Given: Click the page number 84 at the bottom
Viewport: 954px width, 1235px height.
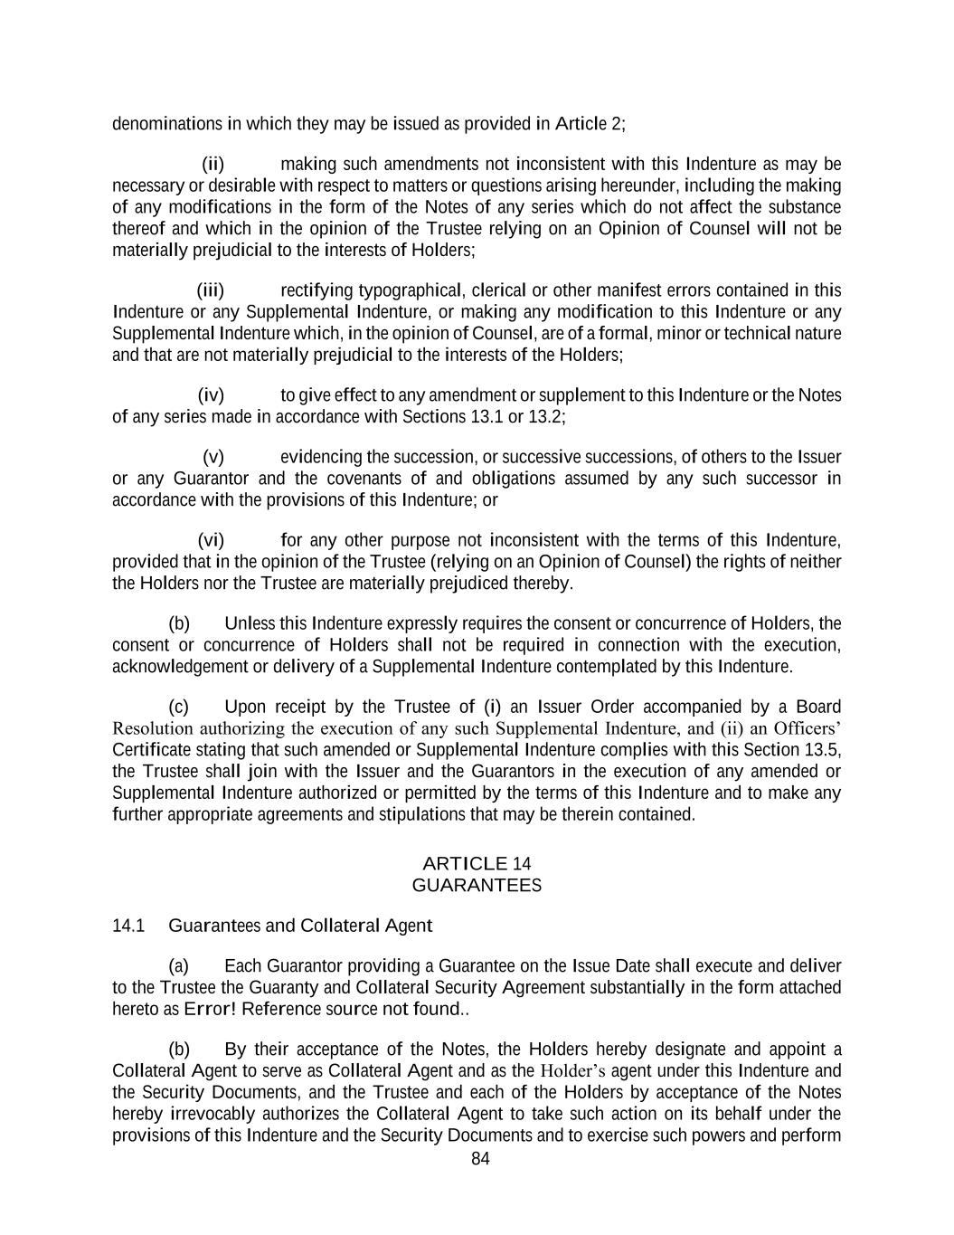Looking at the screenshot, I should pos(480,1159).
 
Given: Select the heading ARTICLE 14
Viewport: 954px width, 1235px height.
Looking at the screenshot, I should pos(477,863).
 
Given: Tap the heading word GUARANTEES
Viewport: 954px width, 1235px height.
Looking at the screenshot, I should pos(477,885).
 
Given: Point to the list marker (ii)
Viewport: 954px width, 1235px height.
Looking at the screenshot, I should pos(213,164).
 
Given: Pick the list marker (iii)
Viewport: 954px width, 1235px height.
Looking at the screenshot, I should pos(210,290).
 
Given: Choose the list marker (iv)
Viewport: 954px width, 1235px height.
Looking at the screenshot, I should pos(211,395).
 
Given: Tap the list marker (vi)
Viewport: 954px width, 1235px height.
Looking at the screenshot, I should pos(211,541).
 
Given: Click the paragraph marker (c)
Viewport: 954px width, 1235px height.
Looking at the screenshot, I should pos(179,707).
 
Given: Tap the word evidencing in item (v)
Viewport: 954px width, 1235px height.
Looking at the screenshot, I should pos(321,457).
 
